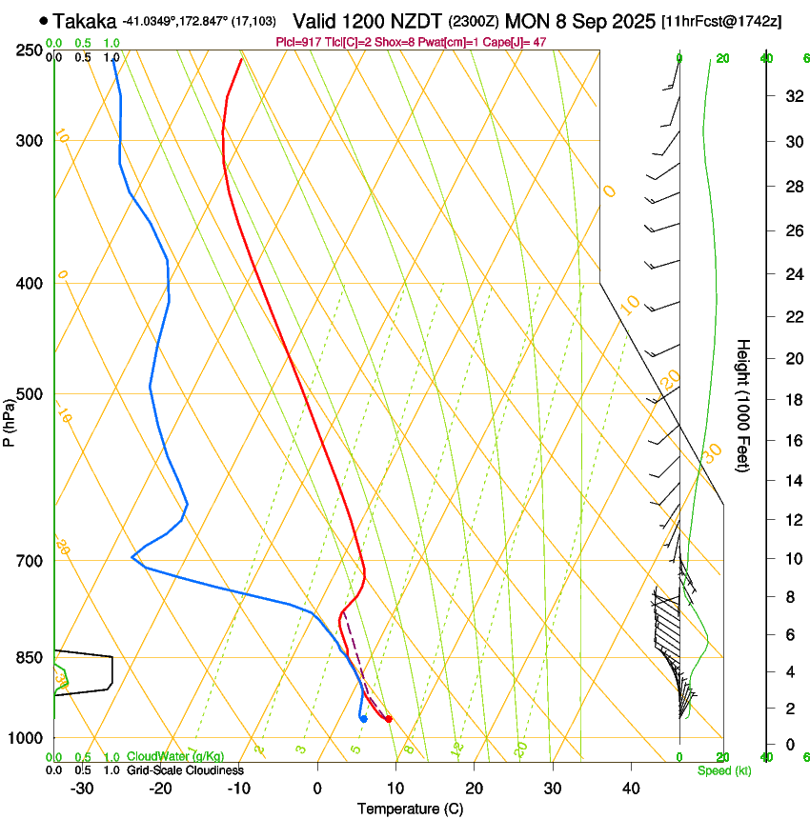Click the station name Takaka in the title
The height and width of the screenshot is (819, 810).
[x=86, y=20]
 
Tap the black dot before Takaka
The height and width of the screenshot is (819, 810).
[x=44, y=20]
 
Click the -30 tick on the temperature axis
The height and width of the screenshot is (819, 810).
[x=82, y=789]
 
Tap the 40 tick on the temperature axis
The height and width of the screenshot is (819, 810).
[x=631, y=789]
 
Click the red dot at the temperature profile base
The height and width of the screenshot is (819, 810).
[x=389, y=719]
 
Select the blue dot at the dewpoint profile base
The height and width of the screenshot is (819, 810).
[x=364, y=718]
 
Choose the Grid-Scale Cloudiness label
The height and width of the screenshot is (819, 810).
[x=185, y=769]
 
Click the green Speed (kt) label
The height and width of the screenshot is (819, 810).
[x=724, y=770]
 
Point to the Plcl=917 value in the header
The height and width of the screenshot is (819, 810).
[x=296, y=42]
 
